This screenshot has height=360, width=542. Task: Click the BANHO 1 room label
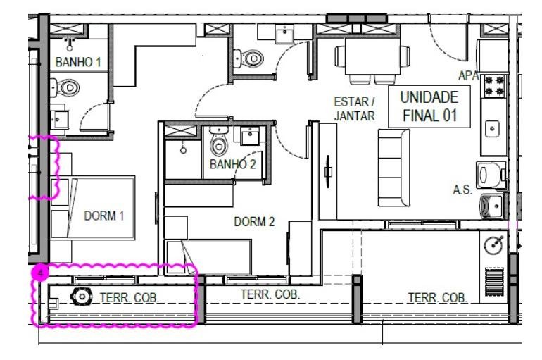point(78,62)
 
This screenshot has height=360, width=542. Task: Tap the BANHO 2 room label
point(232,164)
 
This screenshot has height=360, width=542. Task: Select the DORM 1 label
point(104,216)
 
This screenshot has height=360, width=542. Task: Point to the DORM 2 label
point(254,222)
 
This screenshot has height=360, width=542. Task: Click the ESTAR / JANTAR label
point(354,109)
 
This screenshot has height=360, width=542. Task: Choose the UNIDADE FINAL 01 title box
point(429,106)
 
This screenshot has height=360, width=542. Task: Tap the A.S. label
point(462,190)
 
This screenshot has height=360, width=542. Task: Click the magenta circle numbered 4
point(41,273)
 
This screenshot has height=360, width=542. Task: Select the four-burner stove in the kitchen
point(494,86)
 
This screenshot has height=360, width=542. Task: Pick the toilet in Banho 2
point(219,142)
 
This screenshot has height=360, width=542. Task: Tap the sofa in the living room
point(393,168)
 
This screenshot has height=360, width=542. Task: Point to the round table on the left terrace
point(82,297)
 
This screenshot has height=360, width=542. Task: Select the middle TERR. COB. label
point(270,294)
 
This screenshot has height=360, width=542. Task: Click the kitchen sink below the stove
point(492,129)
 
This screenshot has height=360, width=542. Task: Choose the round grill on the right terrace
point(494,245)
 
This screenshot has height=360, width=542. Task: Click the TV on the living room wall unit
point(328,171)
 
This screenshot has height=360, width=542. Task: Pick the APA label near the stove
point(468,75)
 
